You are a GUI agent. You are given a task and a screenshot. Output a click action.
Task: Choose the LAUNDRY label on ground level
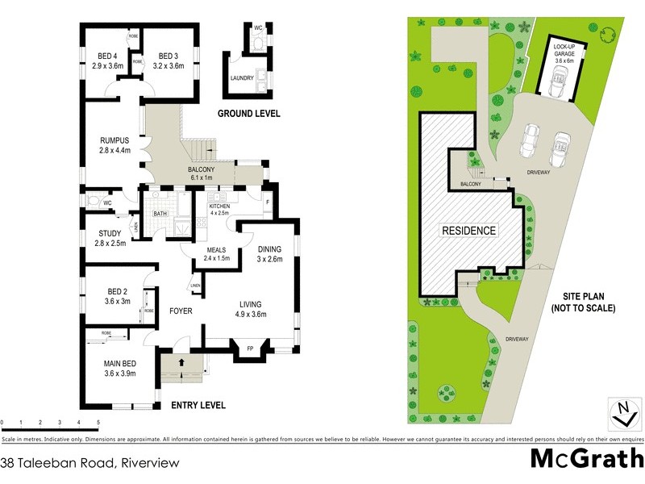point(242,78)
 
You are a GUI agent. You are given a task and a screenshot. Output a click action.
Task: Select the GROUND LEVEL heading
point(249,114)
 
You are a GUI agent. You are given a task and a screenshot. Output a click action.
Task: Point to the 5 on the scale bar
point(98,422)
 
